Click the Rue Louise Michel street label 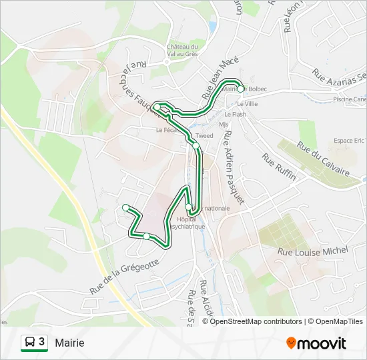(313, 251)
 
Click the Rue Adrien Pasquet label (234, 167)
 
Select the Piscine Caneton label (350, 100)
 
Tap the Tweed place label (204, 136)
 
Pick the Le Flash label (236, 114)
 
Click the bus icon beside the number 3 (29, 343)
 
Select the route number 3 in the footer (41, 342)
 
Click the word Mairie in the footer (69, 343)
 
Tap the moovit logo (316, 343)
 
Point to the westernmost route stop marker (125, 207)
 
